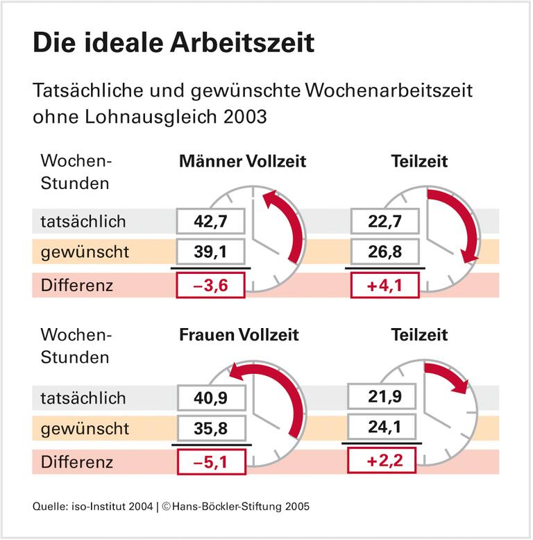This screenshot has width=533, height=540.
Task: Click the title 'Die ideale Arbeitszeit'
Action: pos(174,43)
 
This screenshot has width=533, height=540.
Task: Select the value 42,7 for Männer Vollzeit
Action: pos(210,222)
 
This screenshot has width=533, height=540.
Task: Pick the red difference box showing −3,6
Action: pos(210,285)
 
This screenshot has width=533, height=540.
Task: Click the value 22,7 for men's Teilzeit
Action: pos(386,222)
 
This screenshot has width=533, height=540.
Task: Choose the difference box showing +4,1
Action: pos(386,285)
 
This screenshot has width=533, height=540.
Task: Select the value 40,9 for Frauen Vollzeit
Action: pos(210,398)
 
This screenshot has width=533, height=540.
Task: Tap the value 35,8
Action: pos(210,428)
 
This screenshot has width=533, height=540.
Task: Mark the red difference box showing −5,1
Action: pos(210,461)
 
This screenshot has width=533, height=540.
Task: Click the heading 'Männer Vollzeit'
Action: pos(242,162)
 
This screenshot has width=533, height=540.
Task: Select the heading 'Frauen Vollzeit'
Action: pos(239,335)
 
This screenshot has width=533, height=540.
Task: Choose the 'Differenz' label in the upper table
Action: pos(76,285)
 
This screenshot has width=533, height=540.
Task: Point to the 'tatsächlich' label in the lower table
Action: pos(83,398)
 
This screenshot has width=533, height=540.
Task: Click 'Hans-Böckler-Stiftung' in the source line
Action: pos(221,506)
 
